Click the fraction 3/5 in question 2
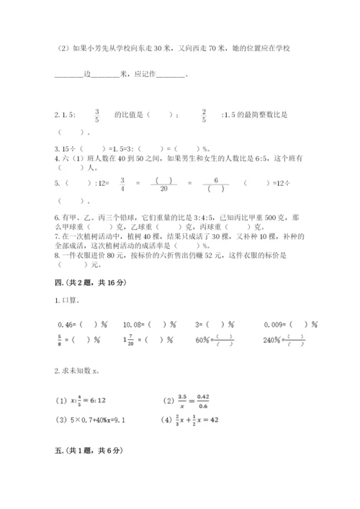pos(96,115)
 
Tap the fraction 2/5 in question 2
pos(204,115)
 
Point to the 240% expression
pos(268,342)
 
